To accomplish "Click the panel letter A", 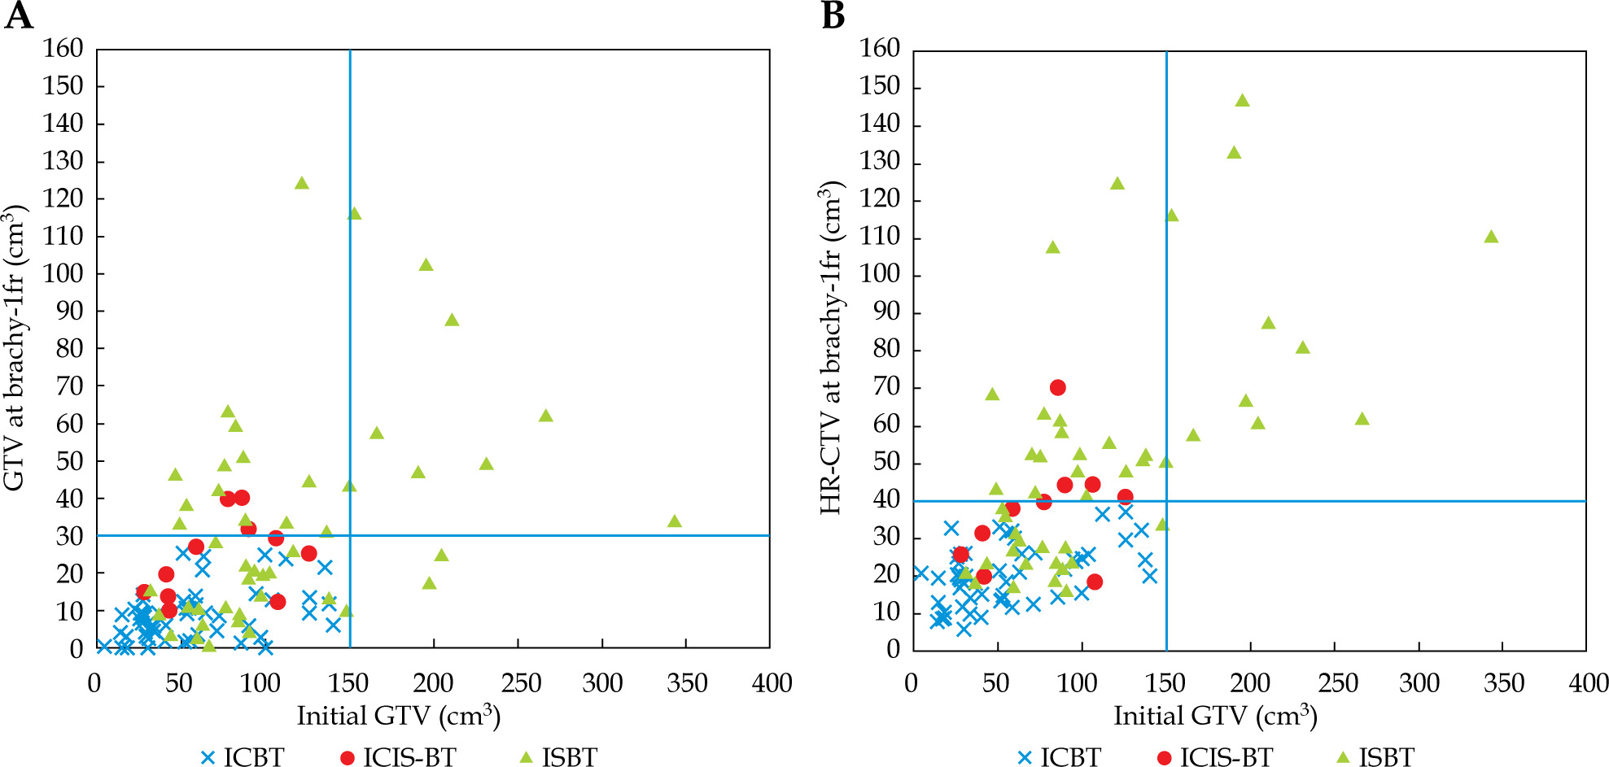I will click(x=19, y=15).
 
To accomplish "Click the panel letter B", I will click(x=833, y=15).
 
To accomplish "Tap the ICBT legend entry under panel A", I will click(x=243, y=757).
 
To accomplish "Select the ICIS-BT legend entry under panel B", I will click(x=1214, y=757).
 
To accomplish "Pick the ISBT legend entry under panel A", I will click(x=558, y=757).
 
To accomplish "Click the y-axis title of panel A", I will click(x=16, y=348).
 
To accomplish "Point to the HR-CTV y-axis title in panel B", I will click(x=831, y=348).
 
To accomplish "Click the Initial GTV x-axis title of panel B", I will click(x=1215, y=716).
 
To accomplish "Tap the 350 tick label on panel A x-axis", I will click(x=686, y=683).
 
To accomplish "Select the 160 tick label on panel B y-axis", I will click(x=880, y=49).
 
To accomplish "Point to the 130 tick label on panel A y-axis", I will click(x=63, y=161).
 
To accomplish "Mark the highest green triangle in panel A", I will click(x=302, y=183).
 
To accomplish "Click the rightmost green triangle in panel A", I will click(x=675, y=521).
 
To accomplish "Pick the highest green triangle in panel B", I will click(x=1242, y=101).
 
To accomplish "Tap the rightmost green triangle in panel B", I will click(x=1491, y=237).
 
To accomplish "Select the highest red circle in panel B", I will click(x=1057, y=388).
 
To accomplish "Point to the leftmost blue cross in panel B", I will click(x=921, y=573).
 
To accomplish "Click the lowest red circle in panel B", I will click(x=1095, y=582).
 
